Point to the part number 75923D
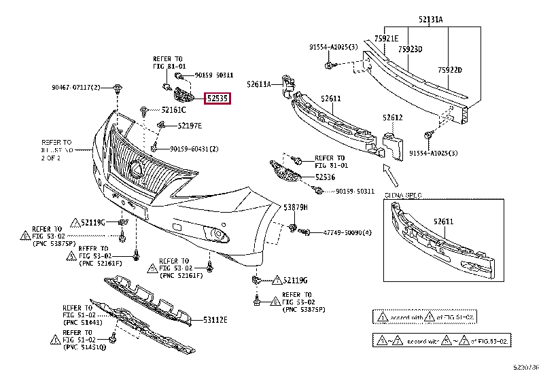pos(411,49)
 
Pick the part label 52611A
pos(258,84)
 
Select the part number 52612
pos(393,118)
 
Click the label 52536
pos(325,177)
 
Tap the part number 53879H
pos(296,207)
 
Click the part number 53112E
pos(215,319)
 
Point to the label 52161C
pos(173,109)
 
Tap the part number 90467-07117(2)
pos(75,88)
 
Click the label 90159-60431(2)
pos(194,149)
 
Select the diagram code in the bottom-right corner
pos(526,368)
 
